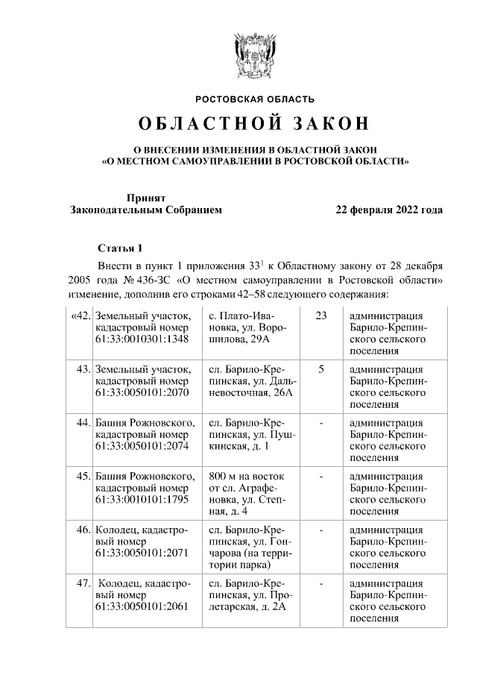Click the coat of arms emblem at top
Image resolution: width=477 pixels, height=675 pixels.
255,54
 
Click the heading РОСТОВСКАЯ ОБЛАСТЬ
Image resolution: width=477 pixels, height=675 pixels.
255,98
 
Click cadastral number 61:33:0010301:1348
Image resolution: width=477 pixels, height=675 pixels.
142,339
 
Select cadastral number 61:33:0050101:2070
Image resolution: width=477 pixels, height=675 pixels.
142,392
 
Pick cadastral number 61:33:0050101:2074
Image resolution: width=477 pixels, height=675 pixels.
142,446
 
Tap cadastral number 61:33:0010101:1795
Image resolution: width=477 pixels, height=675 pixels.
142,500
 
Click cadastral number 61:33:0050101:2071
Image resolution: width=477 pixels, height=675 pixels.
142,553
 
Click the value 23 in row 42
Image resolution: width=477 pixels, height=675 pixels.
321,315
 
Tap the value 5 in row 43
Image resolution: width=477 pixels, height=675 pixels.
321,369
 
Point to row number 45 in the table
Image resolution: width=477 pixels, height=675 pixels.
83,477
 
